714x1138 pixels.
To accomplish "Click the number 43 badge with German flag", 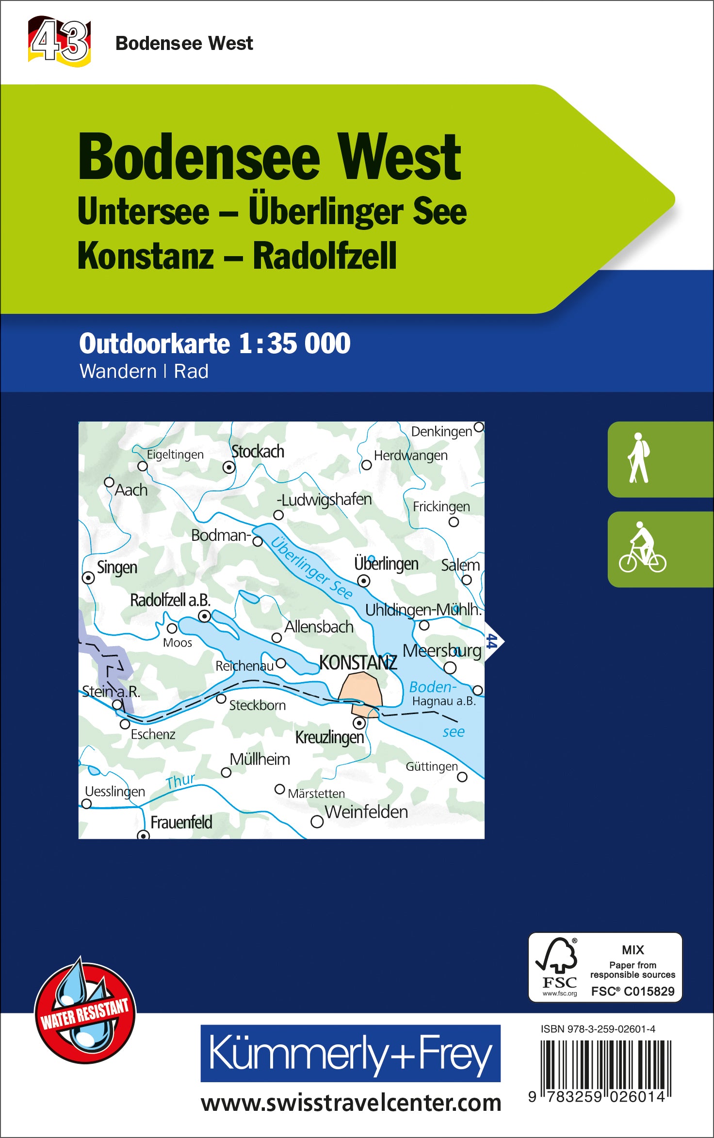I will click(x=60, y=41).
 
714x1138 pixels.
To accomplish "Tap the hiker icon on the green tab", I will click(x=639, y=458).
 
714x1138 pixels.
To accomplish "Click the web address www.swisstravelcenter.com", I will click(x=351, y=1104).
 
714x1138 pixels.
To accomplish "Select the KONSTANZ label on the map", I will click(x=358, y=663).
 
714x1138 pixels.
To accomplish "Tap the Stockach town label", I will click(x=258, y=452).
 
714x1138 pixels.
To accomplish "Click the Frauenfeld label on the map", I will click(x=181, y=822).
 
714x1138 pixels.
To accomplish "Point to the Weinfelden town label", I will click(x=366, y=812).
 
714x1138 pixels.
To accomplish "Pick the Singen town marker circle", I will click(x=88, y=578).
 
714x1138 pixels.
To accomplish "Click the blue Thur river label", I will click(x=180, y=781).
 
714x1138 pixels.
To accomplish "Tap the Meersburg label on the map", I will click(x=442, y=650).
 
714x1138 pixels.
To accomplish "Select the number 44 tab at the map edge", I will click(x=492, y=641).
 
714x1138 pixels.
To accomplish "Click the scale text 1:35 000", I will click(x=294, y=343).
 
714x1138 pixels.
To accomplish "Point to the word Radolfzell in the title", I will click(x=325, y=256).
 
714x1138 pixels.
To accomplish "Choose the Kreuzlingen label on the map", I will click(x=329, y=737).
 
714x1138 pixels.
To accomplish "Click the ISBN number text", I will click(x=598, y=1029).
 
